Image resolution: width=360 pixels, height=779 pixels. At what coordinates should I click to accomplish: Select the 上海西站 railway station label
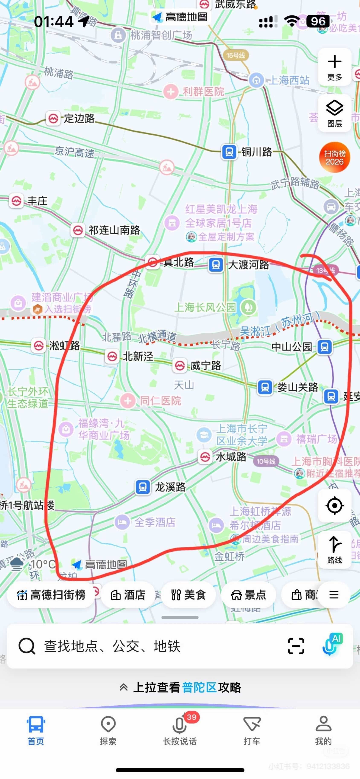point(289,80)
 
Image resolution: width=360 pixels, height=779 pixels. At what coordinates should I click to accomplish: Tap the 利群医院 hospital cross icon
point(171,91)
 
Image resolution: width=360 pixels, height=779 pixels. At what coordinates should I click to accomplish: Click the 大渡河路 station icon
point(216,265)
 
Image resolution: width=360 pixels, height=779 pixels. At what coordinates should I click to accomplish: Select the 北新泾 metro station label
point(138,356)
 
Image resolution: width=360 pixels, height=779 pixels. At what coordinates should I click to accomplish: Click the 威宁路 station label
point(206,366)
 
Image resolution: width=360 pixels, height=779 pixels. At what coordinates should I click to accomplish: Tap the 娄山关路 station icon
point(265,387)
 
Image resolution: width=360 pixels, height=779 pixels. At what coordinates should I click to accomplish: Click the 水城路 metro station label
point(231,457)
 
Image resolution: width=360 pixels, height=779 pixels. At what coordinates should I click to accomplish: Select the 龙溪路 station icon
point(143,487)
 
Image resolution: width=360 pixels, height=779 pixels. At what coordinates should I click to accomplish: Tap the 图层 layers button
point(335,113)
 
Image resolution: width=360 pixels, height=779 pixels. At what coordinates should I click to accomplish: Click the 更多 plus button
point(335,67)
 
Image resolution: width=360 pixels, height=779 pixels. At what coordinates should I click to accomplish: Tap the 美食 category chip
point(188,595)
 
